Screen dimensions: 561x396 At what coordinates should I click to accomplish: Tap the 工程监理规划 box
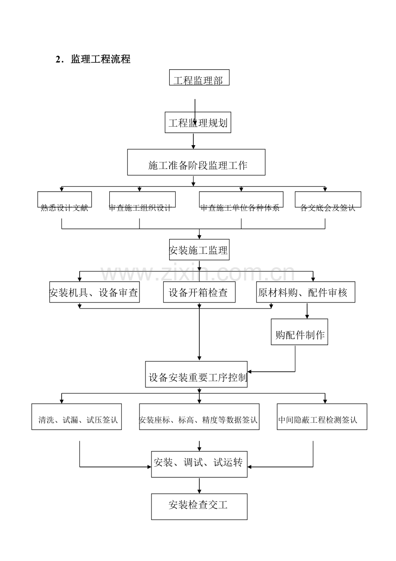(198, 122)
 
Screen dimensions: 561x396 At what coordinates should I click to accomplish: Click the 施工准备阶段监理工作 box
(196, 162)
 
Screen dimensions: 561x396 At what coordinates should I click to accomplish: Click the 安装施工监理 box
(199, 250)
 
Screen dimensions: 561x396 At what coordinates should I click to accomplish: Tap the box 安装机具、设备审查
(94, 292)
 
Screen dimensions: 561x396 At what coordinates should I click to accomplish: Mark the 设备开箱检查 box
(199, 292)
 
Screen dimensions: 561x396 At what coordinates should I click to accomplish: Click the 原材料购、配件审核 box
(306, 292)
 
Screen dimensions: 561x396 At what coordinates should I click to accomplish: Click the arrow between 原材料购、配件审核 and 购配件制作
(307, 311)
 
